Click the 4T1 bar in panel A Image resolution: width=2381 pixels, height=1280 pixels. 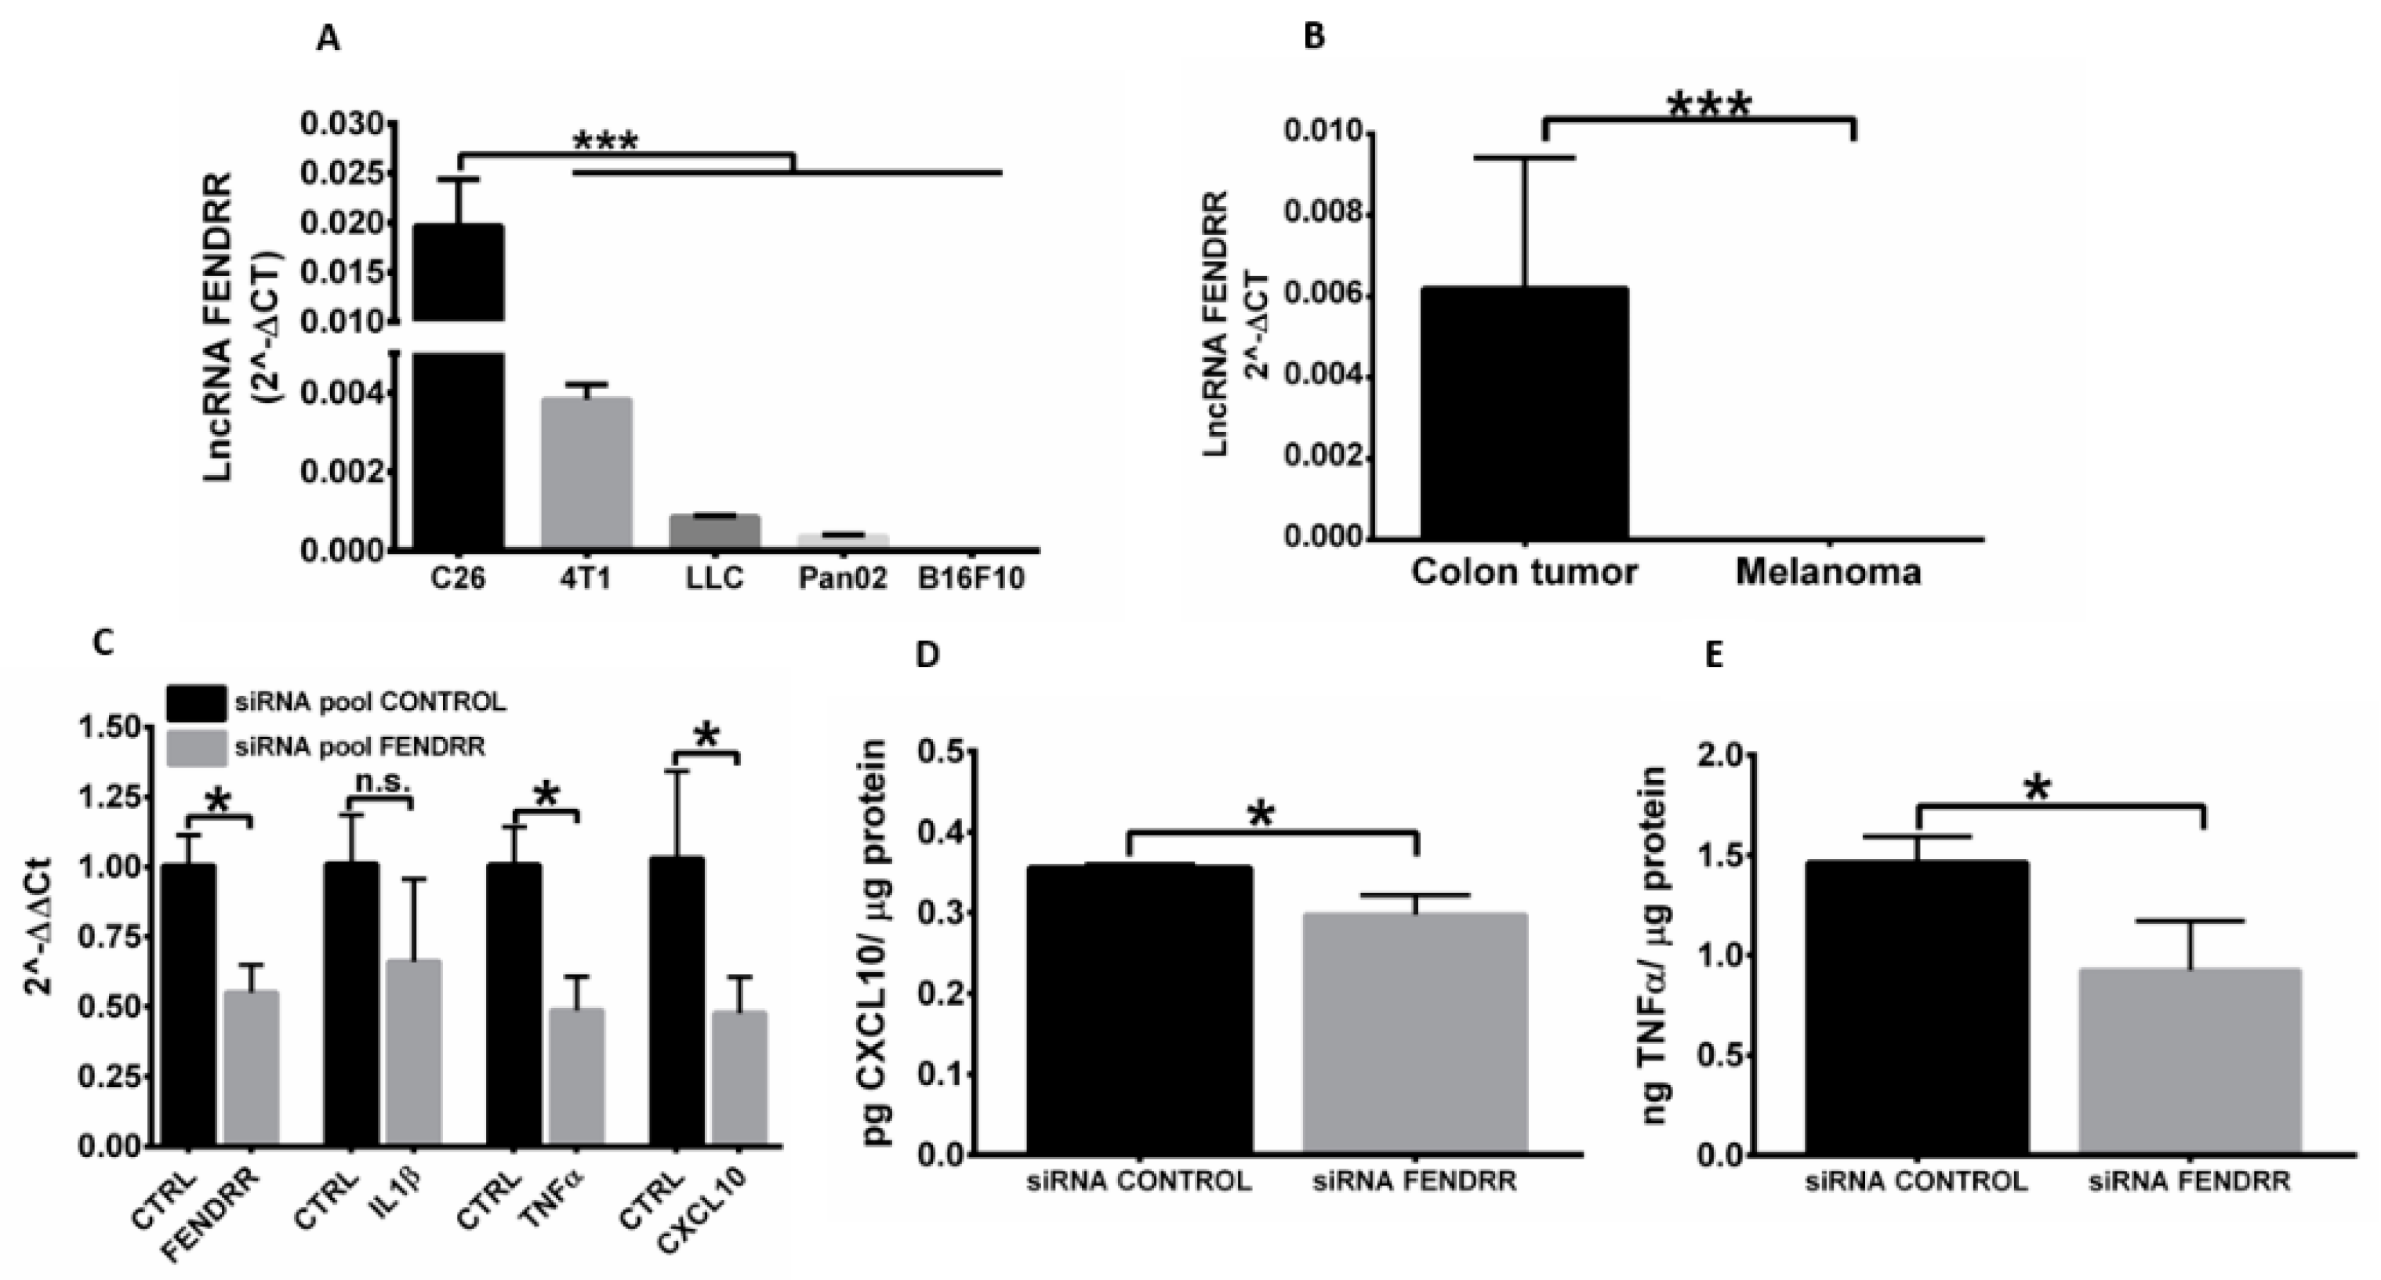click(586, 473)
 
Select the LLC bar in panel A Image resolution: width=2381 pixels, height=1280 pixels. click(714, 531)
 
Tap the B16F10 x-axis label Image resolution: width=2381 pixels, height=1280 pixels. click(971, 579)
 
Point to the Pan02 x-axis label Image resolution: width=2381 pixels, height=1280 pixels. click(842, 579)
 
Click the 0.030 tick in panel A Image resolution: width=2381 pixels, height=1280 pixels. click(341, 124)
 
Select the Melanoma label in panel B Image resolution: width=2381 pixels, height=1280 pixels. click(1828, 572)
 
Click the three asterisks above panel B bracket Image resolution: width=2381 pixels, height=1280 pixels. click(1709, 104)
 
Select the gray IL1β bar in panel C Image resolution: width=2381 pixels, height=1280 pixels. click(413, 1053)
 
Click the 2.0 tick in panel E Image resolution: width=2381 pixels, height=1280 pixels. click(1720, 755)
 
